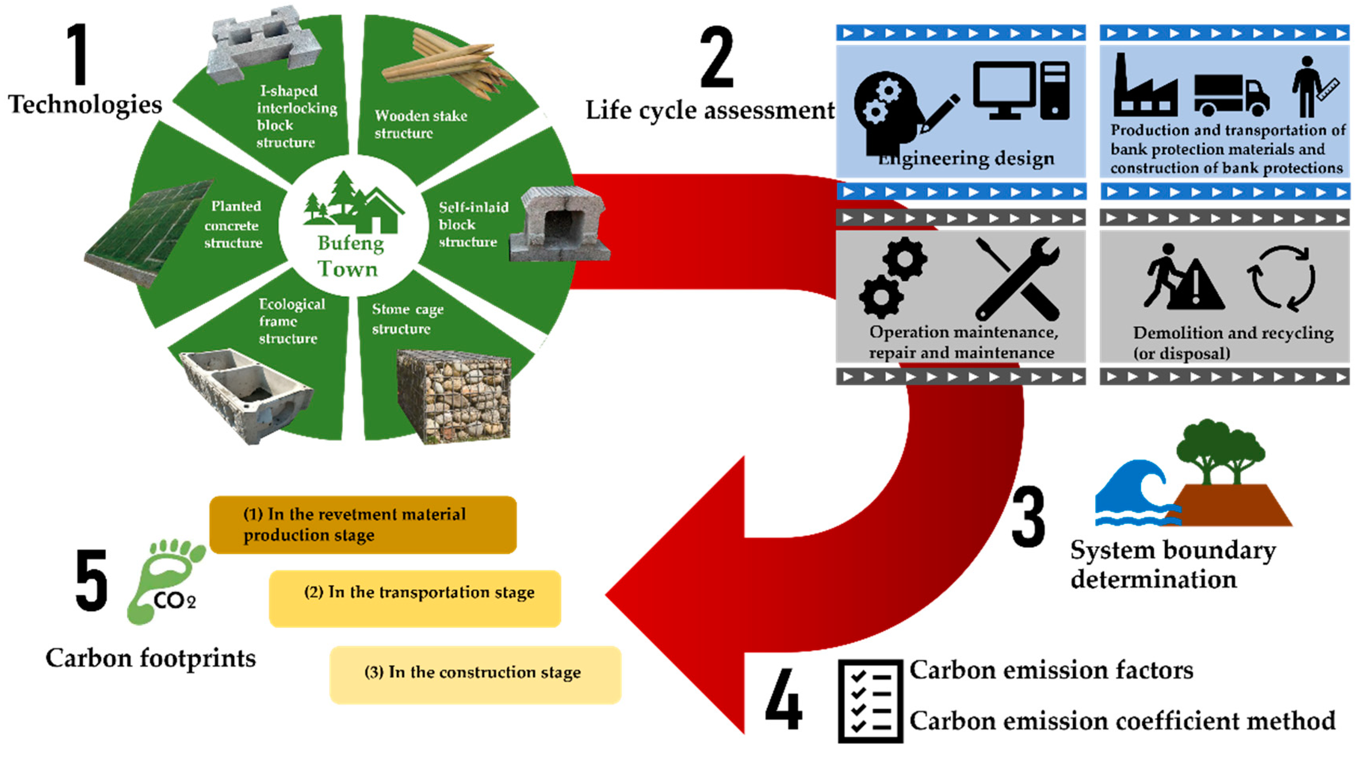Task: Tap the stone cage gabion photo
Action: coord(454,396)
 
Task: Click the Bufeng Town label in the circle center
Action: coord(349,256)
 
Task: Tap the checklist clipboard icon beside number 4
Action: coord(869,700)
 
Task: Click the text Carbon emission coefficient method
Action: coord(1122,721)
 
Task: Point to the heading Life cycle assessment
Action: coord(709,110)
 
